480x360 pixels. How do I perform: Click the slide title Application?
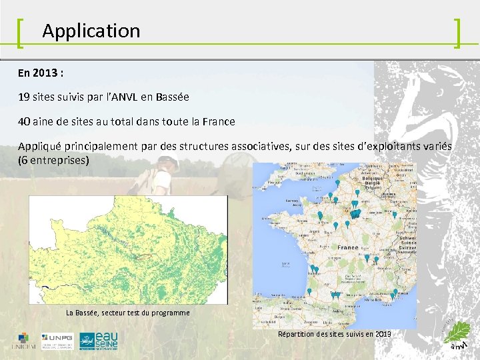91,31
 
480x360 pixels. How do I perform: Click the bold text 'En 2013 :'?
41,72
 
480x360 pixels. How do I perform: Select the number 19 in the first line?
24,97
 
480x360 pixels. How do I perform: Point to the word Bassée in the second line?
173,97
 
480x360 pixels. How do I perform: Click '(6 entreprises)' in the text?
53,161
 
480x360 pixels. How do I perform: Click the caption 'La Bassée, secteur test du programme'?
127,313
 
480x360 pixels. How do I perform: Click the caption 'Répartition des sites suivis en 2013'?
334,333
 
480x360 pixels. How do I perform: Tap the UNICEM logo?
23,341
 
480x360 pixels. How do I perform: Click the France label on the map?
348,247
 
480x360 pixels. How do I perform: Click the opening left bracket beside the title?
20,31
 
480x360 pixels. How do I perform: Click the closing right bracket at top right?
457,33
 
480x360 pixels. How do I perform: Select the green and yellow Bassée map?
127,249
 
